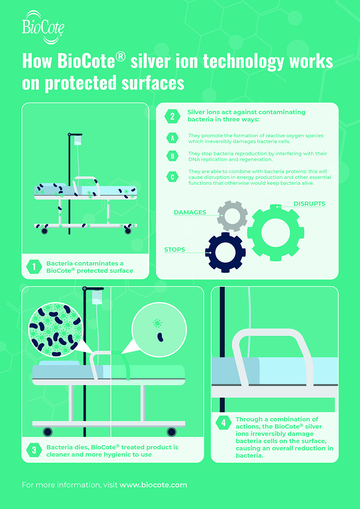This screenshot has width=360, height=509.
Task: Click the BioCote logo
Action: point(43,27)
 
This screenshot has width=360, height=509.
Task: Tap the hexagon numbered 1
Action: point(34,267)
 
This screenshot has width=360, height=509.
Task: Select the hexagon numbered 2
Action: point(172,116)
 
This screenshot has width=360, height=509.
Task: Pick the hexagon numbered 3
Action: point(34,450)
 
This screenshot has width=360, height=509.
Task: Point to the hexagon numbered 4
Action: point(224,422)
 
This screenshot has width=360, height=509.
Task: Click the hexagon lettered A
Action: point(173,138)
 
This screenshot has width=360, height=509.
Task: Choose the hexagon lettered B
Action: point(173,156)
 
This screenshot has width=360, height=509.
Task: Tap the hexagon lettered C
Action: point(173,177)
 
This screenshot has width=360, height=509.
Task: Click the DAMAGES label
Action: point(190,212)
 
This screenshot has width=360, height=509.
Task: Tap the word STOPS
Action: point(175,249)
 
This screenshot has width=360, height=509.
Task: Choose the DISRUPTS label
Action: point(309,204)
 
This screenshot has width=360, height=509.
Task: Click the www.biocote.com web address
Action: point(153,485)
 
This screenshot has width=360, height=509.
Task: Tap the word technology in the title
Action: point(243,61)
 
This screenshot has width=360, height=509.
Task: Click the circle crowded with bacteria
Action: point(55,330)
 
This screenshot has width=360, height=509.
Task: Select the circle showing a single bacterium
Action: point(159,330)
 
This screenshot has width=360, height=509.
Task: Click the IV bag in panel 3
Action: point(97,298)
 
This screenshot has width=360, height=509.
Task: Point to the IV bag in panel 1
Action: point(78,140)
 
